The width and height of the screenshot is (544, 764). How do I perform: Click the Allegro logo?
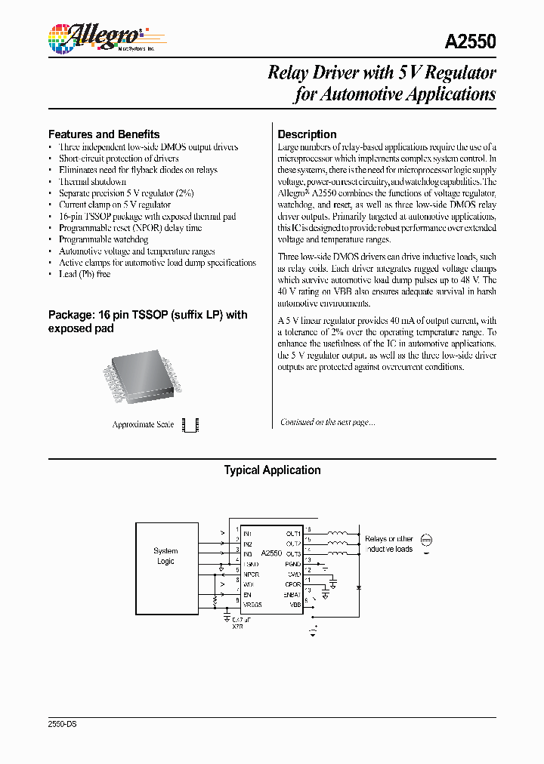click(x=94, y=37)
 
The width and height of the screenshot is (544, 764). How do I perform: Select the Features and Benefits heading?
click(x=104, y=134)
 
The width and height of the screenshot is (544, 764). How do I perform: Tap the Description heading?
click(x=307, y=134)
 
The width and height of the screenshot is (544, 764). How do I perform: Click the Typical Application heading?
click(x=272, y=470)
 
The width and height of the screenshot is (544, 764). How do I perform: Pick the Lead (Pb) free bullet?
click(x=85, y=274)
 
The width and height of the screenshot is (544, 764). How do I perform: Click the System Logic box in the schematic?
click(x=165, y=556)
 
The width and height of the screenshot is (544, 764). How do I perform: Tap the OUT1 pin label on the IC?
click(x=293, y=533)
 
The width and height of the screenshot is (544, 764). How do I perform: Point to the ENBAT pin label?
click(x=292, y=595)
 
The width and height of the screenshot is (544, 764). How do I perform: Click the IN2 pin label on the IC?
click(x=248, y=544)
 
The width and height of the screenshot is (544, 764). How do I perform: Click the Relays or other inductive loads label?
click(x=388, y=544)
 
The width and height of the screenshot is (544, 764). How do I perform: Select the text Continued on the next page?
click(x=327, y=422)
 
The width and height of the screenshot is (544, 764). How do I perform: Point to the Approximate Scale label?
click(x=143, y=424)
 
